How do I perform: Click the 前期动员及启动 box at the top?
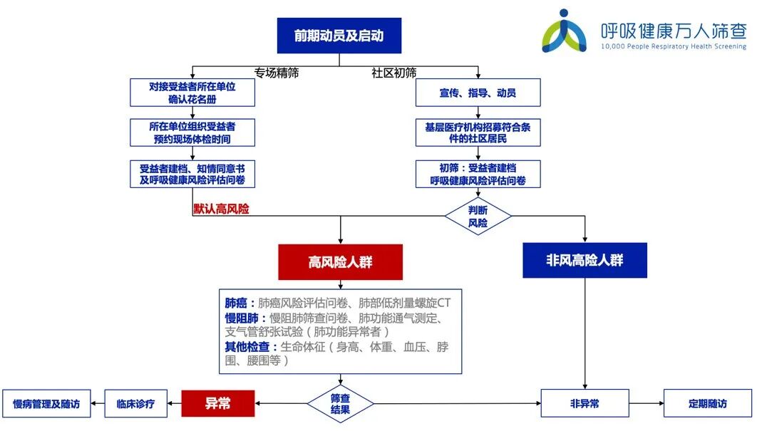tap(339, 36)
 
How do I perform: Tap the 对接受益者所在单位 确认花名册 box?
tap(192, 92)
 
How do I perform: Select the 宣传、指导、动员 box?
tap(478, 93)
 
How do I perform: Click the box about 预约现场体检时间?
tap(192, 132)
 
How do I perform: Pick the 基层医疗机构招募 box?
tap(478, 133)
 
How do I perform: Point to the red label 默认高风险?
tap(221, 209)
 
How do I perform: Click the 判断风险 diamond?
tap(478, 217)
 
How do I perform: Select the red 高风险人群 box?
tap(340, 261)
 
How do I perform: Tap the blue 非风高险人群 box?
tap(585, 260)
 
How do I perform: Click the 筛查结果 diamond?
tap(340, 404)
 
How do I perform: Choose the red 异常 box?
tap(217, 403)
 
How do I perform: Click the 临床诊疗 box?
tap(135, 403)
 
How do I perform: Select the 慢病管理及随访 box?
tap(46, 403)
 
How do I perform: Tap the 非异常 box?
tap(585, 403)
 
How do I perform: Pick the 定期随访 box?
tap(708, 403)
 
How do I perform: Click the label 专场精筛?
tap(276, 73)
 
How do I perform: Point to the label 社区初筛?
tap(394, 73)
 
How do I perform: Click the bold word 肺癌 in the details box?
tap(235, 303)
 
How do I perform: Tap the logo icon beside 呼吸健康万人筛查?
tap(565, 32)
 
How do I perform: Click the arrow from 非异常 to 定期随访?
tap(647, 403)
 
